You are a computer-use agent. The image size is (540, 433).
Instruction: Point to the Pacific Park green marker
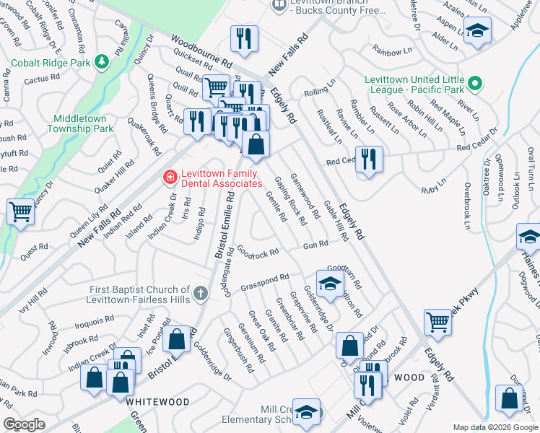point(474,84)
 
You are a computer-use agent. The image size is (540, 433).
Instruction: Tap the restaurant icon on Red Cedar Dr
point(369,159)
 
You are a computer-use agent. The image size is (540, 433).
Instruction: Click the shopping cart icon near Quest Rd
point(20,212)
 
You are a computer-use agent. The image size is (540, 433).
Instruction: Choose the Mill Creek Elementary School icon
point(307,411)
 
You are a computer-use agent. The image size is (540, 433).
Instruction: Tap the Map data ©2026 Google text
point(495,427)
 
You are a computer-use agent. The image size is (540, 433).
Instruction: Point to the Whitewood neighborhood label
point(157,401)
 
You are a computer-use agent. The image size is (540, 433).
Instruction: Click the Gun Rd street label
point(315,245)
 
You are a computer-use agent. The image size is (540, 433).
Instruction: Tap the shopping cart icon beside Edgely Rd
point(438,323)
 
